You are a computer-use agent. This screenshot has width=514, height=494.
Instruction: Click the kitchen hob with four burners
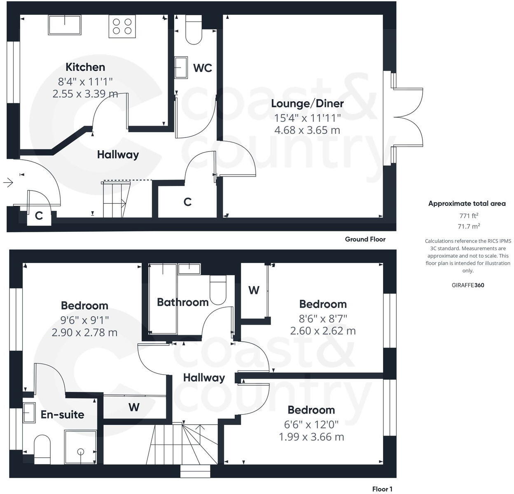tap(122, 26)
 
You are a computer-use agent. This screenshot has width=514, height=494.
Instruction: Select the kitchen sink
tap(65, 25)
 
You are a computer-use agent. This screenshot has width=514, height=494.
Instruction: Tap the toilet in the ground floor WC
tap(194, 30)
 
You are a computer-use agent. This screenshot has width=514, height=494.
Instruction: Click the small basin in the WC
tap(181, 68)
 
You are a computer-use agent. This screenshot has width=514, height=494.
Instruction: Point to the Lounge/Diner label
tap(307, 103)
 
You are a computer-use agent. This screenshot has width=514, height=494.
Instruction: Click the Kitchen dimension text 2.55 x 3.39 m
tap(85, 94)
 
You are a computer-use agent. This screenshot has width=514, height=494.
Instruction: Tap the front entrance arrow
tap(8, 182)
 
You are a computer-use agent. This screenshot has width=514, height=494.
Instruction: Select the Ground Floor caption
tap(365, 239)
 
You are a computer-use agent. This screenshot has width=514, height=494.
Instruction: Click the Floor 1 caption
tap(382, 489)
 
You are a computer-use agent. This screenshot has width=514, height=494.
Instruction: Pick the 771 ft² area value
tap(469, 215)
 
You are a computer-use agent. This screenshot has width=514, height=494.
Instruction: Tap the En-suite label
tap(63, 415)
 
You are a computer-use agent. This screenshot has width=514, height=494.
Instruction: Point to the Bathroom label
tap(182, 302)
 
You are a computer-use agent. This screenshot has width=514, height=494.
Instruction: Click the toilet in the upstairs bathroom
tap(218, 289)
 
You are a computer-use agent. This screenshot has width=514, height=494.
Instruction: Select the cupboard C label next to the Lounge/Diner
tap(187, 202)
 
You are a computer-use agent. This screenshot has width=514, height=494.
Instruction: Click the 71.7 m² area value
tap(469, 226)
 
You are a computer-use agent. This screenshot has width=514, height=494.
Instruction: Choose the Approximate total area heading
tap(467, 203)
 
